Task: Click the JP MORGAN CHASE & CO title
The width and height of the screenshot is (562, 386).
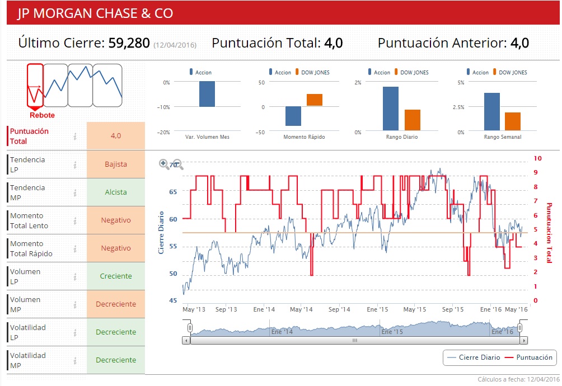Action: click(95, 13)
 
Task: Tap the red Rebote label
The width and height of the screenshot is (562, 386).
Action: click(42, 115)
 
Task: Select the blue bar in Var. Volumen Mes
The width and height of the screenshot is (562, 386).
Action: click(207, 94)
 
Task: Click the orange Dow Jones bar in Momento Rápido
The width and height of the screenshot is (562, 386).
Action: click(315, 100)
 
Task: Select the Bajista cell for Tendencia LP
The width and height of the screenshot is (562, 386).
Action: click(116, 164)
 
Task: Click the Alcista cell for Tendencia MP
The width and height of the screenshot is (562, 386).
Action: click(116, 192)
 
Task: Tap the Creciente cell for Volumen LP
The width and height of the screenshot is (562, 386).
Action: click(116, 276)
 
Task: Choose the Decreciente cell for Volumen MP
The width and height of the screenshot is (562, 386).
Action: click(116, 304)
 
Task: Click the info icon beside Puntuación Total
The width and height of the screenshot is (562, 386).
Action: click(75, 136)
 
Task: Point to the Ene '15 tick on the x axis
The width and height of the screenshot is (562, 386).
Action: click(378, 309)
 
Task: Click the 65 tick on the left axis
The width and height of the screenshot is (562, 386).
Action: click(173, 192)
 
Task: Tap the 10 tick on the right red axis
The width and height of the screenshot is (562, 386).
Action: click(537, 158)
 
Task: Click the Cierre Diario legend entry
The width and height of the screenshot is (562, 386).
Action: click(474, 357)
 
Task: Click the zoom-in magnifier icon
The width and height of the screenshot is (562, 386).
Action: click(164, 164)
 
